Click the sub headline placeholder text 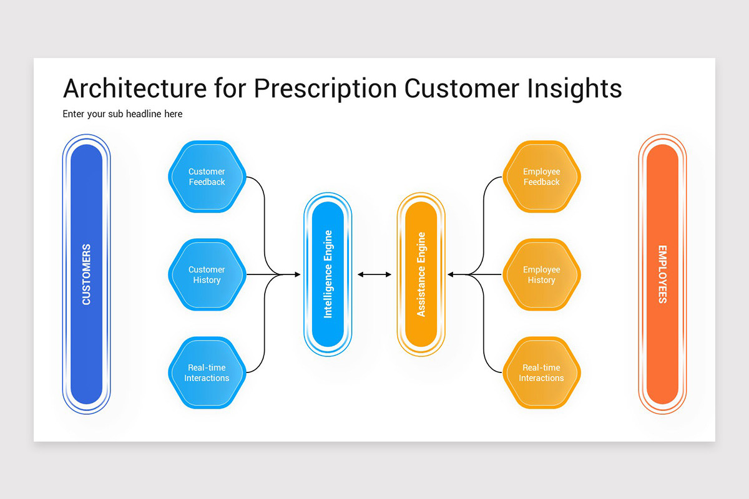(x=122, y=114)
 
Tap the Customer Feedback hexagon (x=207, y=177)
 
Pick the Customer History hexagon (x=207, y=274)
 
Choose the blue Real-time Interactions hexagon (x=207, y=373)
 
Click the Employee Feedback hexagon (x=541, y=177)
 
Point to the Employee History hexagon (x=541, y=274)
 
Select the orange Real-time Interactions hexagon (x=541, y=373)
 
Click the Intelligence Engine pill (x=328, y=274)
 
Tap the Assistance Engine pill (x=421, y=274)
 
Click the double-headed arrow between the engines (x=374, y=274)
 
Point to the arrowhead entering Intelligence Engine (x=296, y=274)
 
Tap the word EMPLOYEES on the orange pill (x=662, y=274)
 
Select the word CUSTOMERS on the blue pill (x=86, y=274)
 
